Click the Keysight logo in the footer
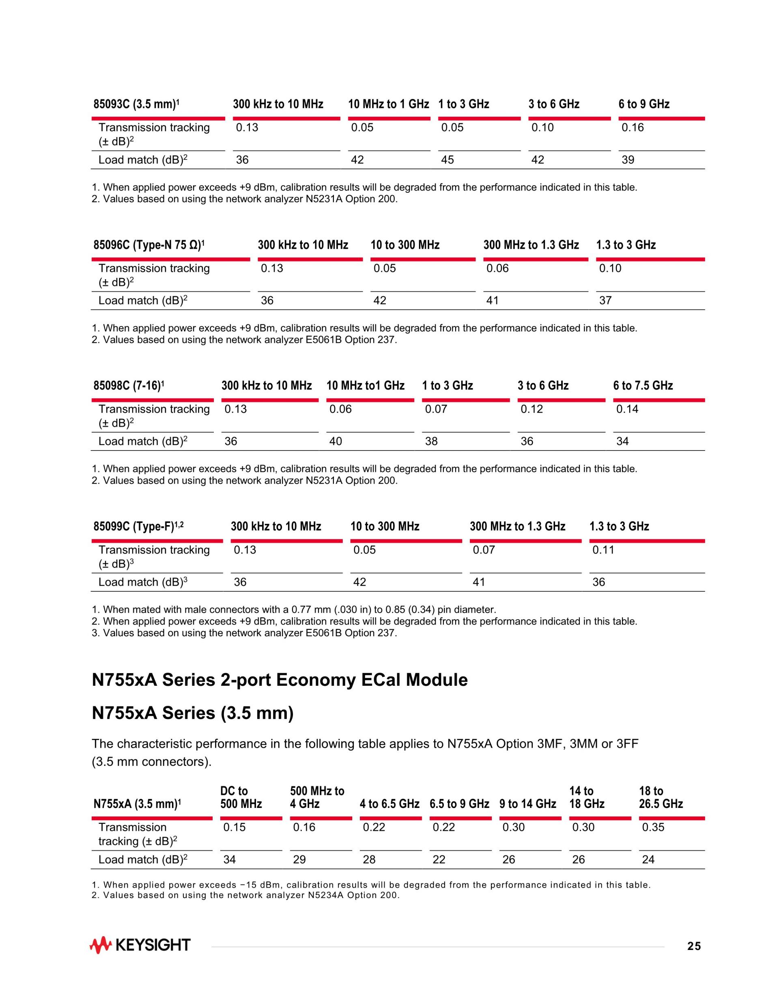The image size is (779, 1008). (x=140, y=946)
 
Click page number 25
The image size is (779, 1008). (x=694, y=947)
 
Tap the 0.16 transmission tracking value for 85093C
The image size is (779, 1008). (x=632, y=128)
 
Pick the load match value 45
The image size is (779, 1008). (x=447, y=160)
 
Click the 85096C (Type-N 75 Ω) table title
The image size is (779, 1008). (x=149, y=245)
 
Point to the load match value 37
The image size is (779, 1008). (x=605, y=301)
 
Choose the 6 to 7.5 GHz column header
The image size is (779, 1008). (x=643, y=386)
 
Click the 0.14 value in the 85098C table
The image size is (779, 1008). (x=627, y=409)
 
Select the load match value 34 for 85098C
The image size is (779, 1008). (x=622, y=442)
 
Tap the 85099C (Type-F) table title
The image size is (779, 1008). (x=138, y=527)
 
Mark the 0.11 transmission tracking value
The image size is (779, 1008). (x=603, y=550)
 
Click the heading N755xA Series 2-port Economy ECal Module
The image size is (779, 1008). (x=280, y=680)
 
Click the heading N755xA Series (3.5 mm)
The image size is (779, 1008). (x=192, y=713)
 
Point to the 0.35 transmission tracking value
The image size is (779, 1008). (x=653, y=827)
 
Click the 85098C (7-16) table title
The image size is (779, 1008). (x=129, y=386)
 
